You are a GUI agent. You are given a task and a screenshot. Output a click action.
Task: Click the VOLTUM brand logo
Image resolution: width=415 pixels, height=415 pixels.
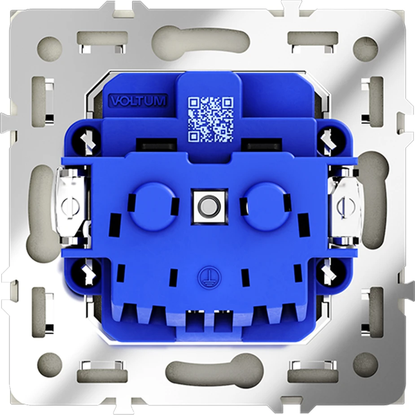pos(138,100)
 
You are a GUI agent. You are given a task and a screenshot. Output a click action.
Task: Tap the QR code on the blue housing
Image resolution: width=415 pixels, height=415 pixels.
pos(211,119)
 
